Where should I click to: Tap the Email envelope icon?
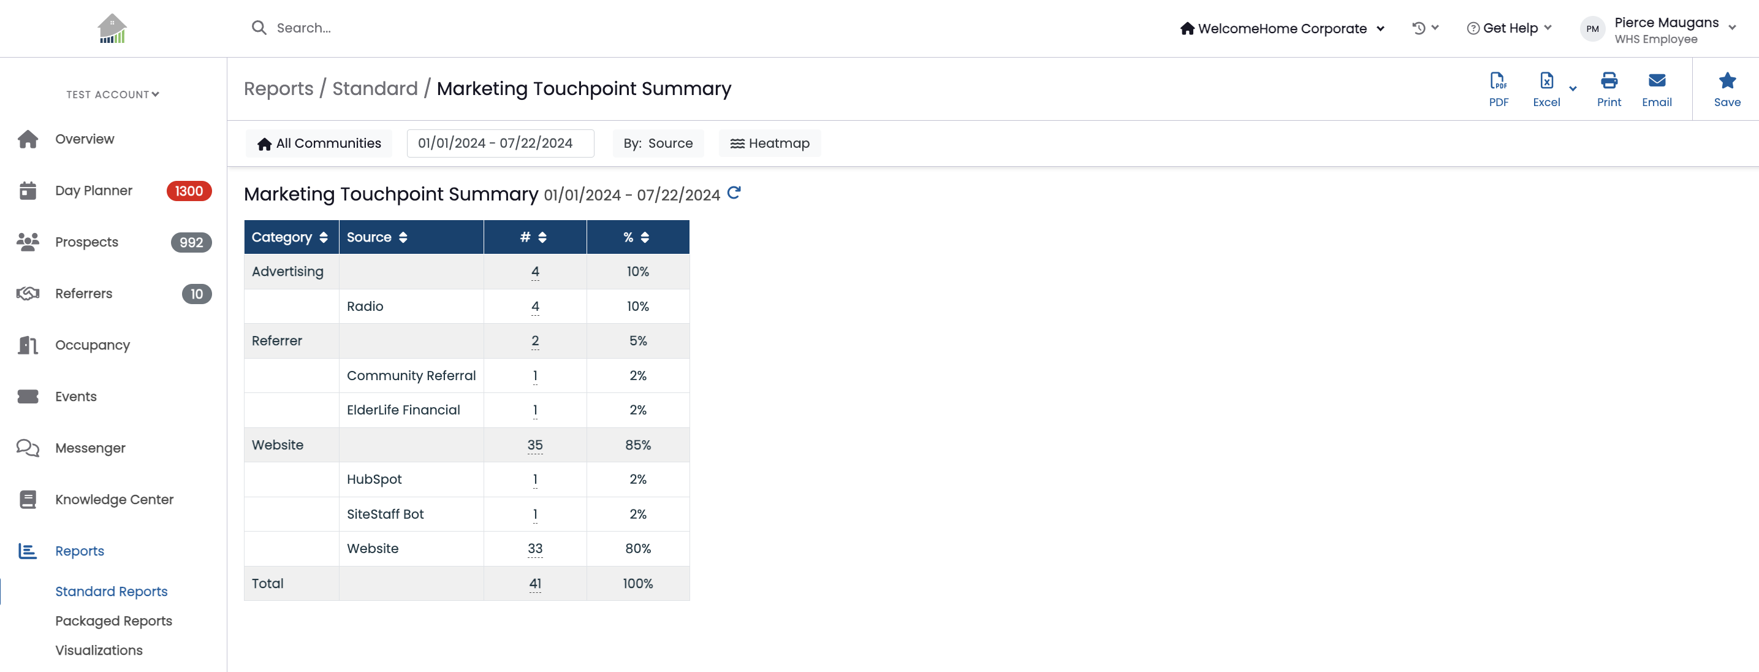(1657, 80)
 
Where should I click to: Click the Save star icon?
(1727, 80)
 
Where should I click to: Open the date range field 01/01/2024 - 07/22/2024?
(501, 143)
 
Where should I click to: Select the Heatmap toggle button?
(770, 143)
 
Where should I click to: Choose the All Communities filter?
(319, 143)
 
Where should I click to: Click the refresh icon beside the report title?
(734, 193)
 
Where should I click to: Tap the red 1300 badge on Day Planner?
(189, 191)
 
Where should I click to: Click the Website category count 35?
(534, 445)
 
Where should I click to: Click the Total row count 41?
(534, 584)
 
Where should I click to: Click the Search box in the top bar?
(304, 28)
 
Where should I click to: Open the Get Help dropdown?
(1509, 28)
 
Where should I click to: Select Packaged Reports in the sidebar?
(113, 620)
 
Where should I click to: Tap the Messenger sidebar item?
(90, 448)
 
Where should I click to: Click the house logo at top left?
(112, 29)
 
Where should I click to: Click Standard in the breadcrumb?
(375, 89)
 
